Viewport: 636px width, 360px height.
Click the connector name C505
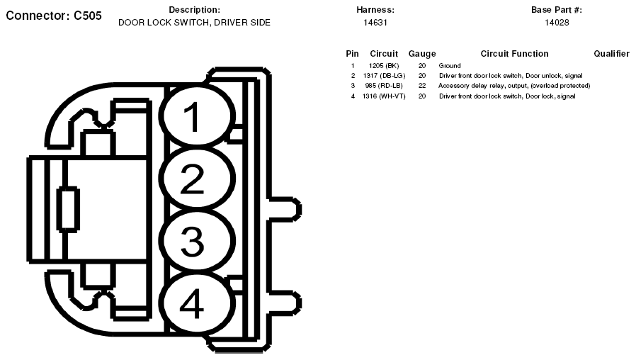pyautogui.click(x=88, y=16)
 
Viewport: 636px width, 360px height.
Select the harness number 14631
pyautogui.click(x=375, y=23)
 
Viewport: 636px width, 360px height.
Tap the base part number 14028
pyautogui.click(x=557, y=23)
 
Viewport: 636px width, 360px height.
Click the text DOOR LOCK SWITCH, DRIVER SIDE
pyautogui.click(x=194, y=23)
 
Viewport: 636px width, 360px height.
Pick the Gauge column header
pyautogui.click(x=422, y=54)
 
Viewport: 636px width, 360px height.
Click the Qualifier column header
pyautogui.click(x=612, y=54)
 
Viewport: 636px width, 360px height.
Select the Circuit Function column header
pyautogui.click(x=514, y=54)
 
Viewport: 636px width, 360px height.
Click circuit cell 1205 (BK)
pyautogui.click(x=384, y=66)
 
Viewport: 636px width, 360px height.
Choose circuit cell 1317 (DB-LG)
pyautogui.click(x=384, y=76)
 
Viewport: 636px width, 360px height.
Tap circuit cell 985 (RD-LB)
pyautogui.click(x=384, y=86)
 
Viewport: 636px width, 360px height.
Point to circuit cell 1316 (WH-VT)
pyautogui.click(x=384, y=96)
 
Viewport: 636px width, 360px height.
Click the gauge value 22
pyautogui.click(x=422, y=86)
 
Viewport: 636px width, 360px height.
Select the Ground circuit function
pyautogui.click(x=450, y=66)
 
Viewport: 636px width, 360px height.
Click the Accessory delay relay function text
pyautogui.click(x=514, y=86)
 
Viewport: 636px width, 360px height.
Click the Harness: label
pyautogui.click(x=375, y=10)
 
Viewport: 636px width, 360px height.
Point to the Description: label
pyautogui.click(x=194, y=10)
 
